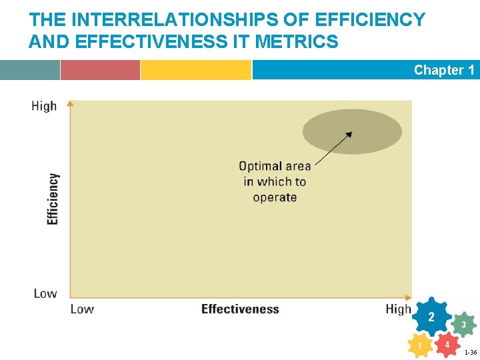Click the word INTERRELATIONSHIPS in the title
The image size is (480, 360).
click(x=160, y=20)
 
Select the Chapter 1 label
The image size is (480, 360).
click(x=443, y=70)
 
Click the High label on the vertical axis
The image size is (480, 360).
click(x=44, y=106)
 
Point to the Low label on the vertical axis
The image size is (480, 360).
click(x=45, y=293)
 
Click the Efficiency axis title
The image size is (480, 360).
click(x=53, y=199)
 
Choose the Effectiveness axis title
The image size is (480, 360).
click(x=240, y=309)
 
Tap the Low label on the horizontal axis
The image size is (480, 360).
click(x=82, y=309)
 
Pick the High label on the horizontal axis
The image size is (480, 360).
click(x=398, y=309)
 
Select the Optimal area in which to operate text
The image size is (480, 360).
click(x=275, y=181)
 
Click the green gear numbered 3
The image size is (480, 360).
click(x=463, y=325)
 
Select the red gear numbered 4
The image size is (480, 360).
click(x=447, y=345)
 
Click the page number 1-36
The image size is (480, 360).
click(x=470, y=352)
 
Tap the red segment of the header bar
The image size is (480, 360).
click(x=100, y=70)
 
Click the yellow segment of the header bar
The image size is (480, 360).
click(x=195, y=70)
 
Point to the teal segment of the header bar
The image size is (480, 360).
click(x=30, y=70)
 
